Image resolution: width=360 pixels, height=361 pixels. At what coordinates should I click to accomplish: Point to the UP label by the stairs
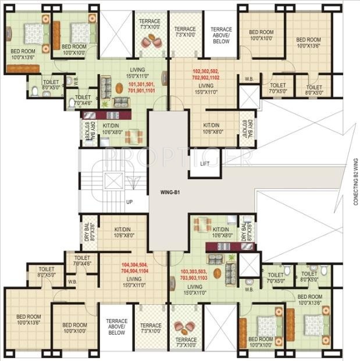[130, 202]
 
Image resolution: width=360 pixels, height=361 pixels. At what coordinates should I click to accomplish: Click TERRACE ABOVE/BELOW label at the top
[221, 35]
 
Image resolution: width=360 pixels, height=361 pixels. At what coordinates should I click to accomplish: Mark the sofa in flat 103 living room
[231, 268]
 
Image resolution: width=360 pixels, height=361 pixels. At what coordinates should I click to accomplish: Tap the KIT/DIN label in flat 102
[211, 128]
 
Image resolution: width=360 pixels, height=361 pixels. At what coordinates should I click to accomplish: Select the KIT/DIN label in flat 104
[124, 232]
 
